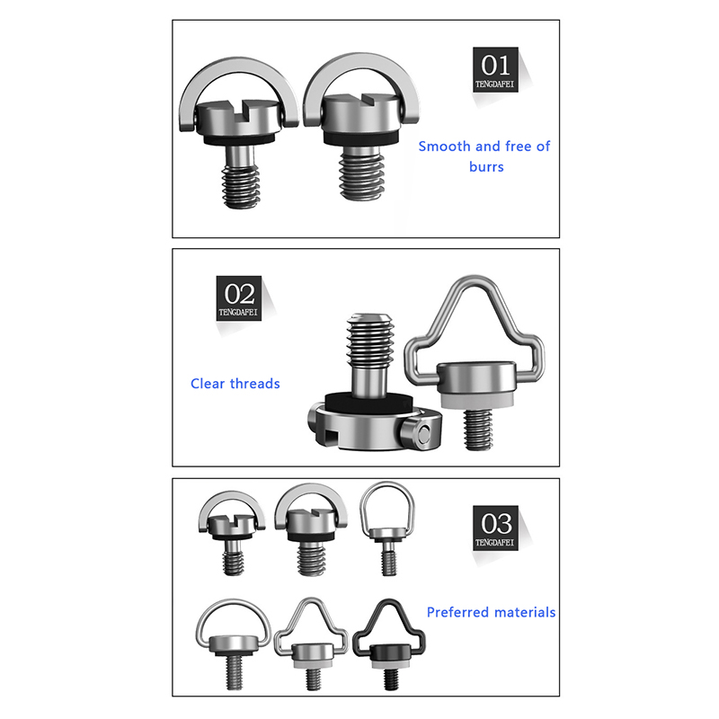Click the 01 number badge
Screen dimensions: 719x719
[495, 69]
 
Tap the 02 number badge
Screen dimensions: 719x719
[239, 298]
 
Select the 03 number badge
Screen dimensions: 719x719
[495, 528]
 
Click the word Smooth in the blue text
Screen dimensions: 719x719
[444, 146]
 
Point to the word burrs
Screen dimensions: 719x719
[486, 166]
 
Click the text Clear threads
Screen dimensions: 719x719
[235, 384]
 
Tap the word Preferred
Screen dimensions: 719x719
[457, 613]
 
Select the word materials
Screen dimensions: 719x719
[525, 612]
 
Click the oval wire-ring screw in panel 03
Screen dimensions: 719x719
[388, 528]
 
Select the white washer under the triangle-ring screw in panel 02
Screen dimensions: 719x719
[476, 401]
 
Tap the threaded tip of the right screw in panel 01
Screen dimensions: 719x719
[362, 176]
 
